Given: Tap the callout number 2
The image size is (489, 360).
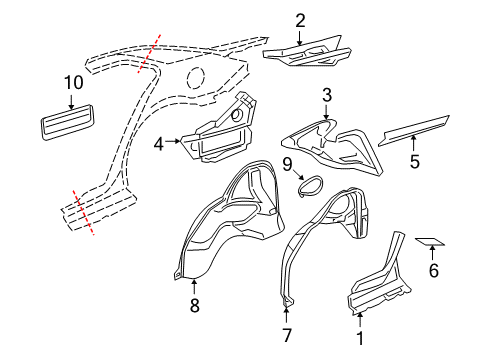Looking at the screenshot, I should click(x=300, y=19).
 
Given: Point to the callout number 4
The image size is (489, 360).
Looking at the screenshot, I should click(x=158, y=144).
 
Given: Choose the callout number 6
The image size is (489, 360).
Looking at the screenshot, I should click(x=433, y=270).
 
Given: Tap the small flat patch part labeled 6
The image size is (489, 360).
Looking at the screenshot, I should click(x=432, y=242).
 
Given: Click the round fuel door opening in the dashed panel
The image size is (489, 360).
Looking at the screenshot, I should click(x=196, y=76).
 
